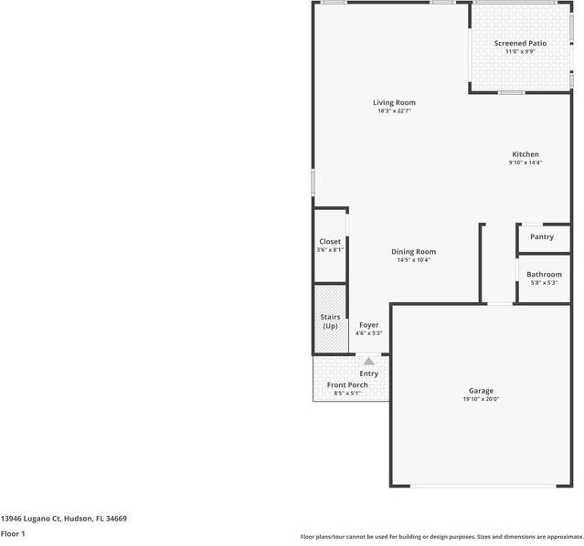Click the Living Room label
coord(394,102)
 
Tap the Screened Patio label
coord(520,43)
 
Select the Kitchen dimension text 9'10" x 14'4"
coord(525,163)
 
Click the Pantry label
coord(542,236)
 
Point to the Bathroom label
coord(544,274)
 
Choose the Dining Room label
coord(413,251)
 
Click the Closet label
coord(329,241)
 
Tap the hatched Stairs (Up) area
coord(330,320)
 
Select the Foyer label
coord(368,325)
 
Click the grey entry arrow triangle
coord(368,361)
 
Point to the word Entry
coord(368,373)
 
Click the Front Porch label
coord(347,384)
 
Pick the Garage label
coord(481,390)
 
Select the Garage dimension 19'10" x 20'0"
coord(481,399)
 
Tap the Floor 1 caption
coord(13,533)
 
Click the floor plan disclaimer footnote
coord(441,537)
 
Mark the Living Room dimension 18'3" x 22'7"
coord(394,111)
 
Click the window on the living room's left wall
coord(313,183)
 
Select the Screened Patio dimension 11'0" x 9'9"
coord(520,52)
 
